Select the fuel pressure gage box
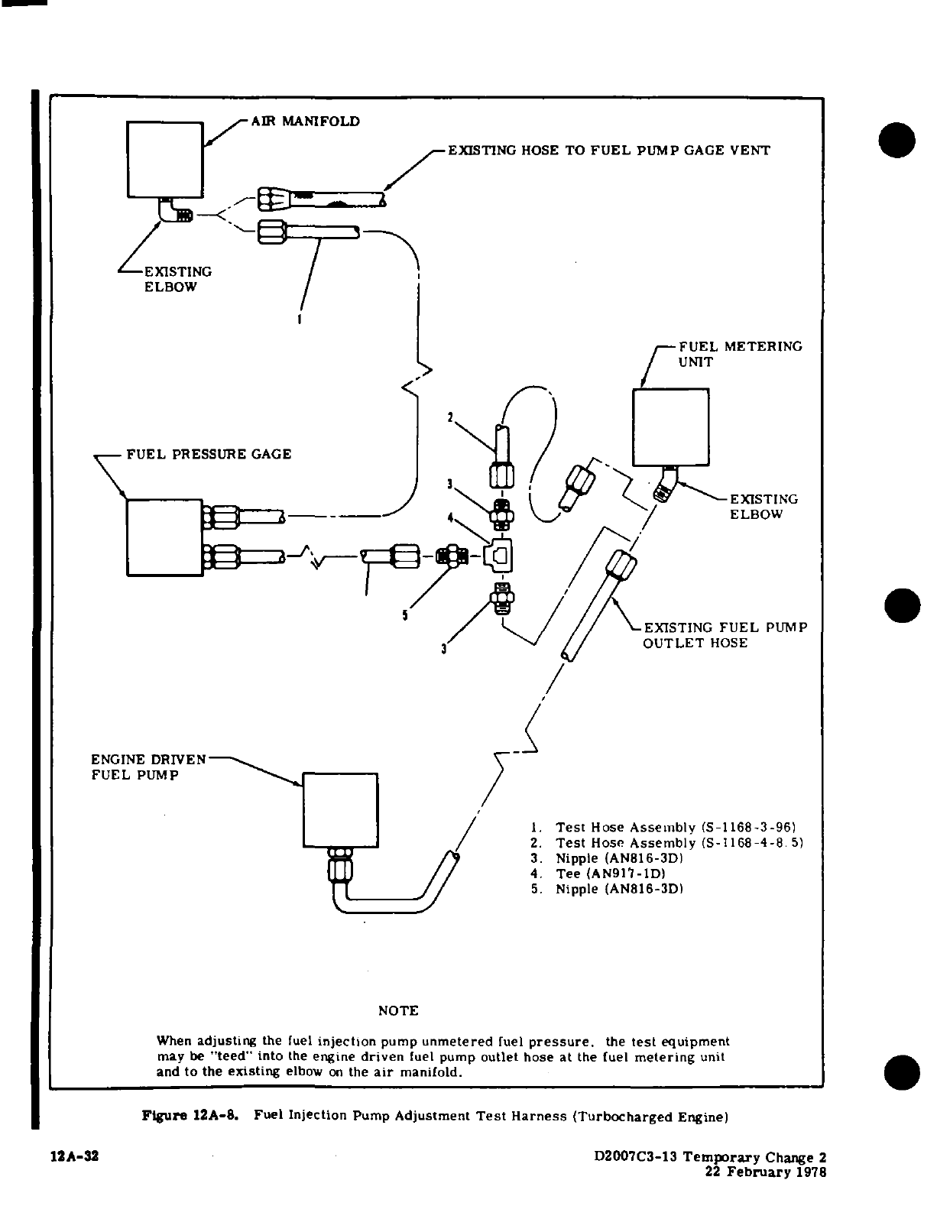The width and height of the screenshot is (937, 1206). (164, 537)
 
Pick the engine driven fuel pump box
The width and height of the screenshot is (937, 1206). (340, 809)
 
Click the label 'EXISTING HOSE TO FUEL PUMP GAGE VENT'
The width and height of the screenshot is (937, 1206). (608, 151)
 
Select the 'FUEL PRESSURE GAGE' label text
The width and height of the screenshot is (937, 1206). (209, 454)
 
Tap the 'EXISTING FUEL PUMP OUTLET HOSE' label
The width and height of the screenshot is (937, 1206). (725, 635)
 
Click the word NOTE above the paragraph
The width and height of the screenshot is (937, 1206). (398, 1010)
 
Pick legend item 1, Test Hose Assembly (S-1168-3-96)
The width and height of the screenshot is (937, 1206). (666, 828)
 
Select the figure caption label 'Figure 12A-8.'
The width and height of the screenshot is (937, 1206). (190, 1117)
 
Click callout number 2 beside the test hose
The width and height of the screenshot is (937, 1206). (451, 417)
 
